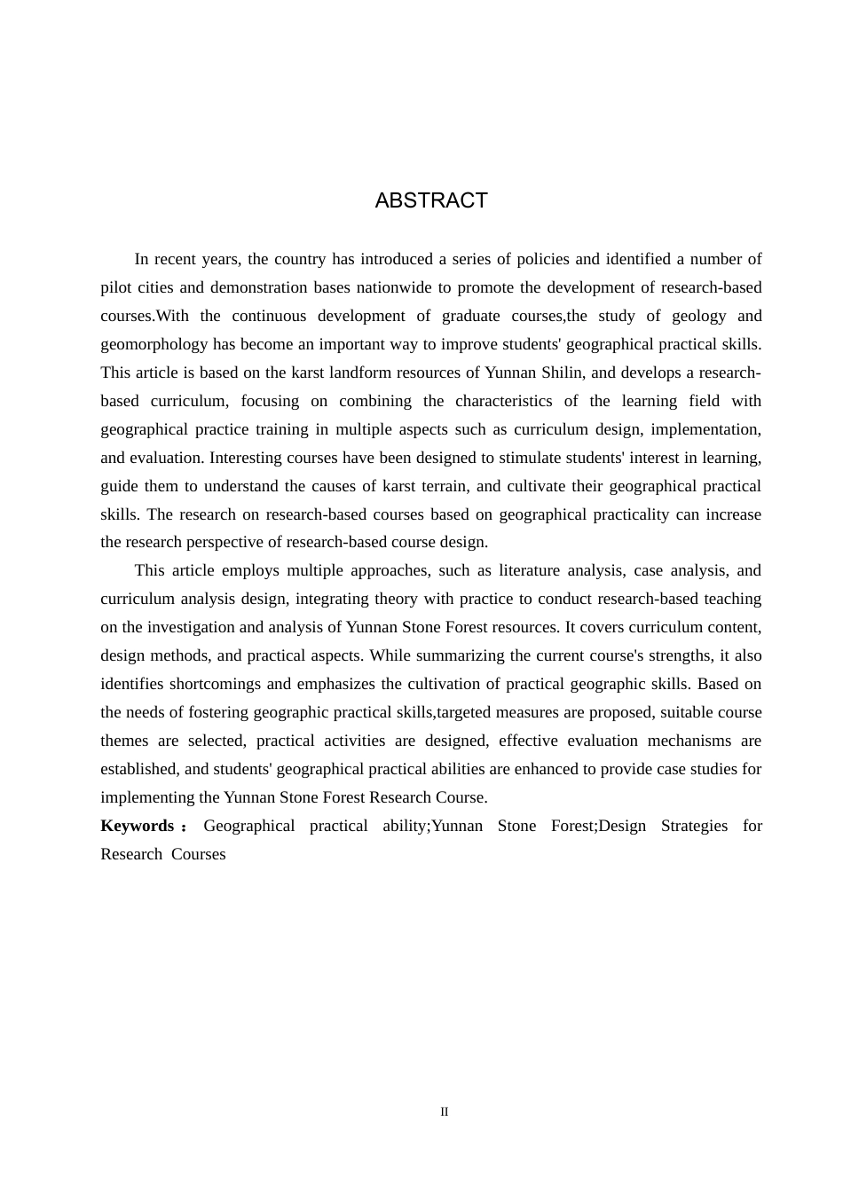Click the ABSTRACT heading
click(431, 200)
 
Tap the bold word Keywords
click(138, 826)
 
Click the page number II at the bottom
click(445, 1111)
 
